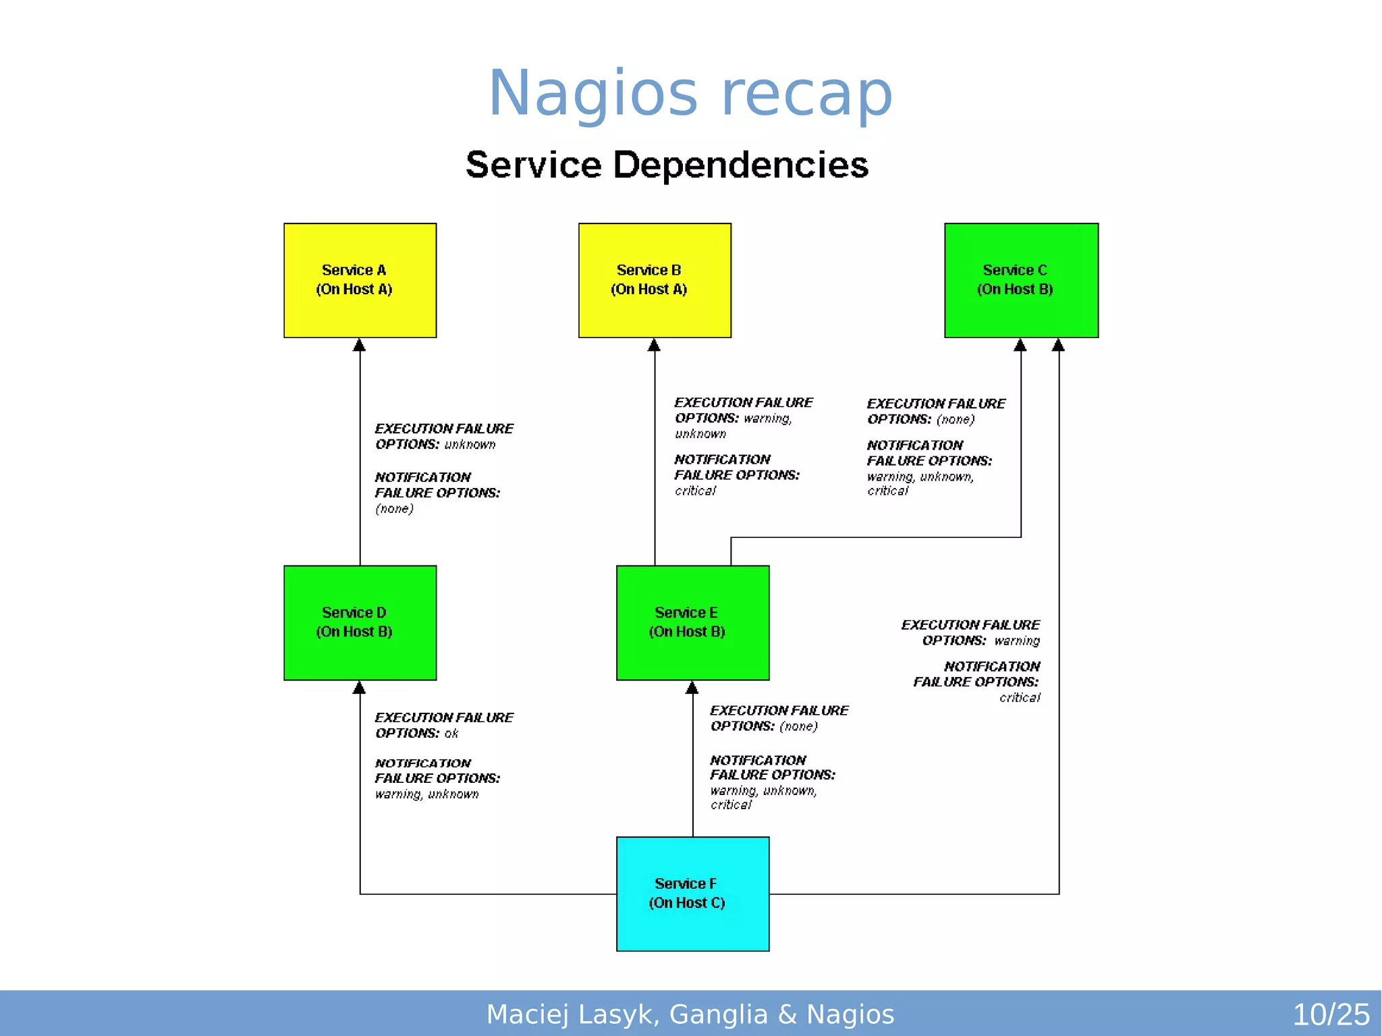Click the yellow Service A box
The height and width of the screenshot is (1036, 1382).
point(360,280)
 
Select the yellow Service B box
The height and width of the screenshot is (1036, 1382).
point(655,280)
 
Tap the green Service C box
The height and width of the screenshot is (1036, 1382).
point(1021,280)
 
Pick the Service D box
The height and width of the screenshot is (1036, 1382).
point(360,622)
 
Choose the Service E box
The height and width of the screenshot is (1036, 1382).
point(692,622)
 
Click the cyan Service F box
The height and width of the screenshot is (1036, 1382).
point(692,894)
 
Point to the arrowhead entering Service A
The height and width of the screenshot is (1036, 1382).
point(360,346)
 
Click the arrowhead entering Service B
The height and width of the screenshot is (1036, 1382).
point(654,346)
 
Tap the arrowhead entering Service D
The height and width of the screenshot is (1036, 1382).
point(360,688)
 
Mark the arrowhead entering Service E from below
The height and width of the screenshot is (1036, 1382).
point(692,688)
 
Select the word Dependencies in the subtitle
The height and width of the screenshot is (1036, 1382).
point(740,165)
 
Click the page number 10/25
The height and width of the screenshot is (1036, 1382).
point(1330,1014)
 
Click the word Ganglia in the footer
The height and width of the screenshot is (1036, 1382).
point(719,1014)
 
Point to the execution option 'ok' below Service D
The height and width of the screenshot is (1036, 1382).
point(451,734)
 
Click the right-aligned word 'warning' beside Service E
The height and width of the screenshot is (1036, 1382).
point(1016,640)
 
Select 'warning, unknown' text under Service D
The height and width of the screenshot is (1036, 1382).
point(426,794)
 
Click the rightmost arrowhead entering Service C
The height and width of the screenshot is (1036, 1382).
point(1058,346)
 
